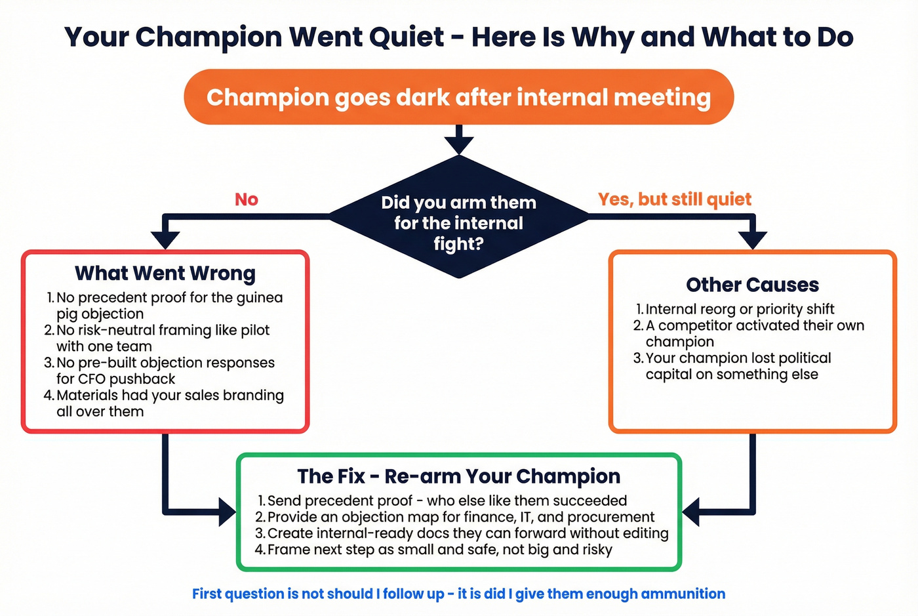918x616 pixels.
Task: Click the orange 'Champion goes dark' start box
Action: pyautogui.click(x=458, y=97)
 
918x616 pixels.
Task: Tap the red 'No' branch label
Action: pyautogui.click(x=247, y=199)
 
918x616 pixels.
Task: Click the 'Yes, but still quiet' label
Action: pyautogui.click(x=674, y=199)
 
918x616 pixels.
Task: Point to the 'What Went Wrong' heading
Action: pyautogui.click(x=165, y=273)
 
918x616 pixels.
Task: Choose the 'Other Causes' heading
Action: pyautogui.click(x=752, y=285)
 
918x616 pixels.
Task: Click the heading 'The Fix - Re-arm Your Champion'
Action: pyautogui.click(x=458, y=476)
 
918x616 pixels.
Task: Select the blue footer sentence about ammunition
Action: pyautogui.click(x=458, y=594)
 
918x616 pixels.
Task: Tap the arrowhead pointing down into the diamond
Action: pyautogui.click(x=459, y=145)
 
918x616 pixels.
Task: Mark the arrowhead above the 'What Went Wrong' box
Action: pyautogui.click(x=165, y=240)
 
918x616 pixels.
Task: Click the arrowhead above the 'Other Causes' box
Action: pyautogui.click(x=752, y=240)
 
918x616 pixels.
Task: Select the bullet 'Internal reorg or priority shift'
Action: pyautogui.click(x=740, y=309)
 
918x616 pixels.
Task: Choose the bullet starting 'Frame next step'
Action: pyautogui.click(x=439, y=550)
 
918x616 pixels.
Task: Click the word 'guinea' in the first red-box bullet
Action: pyautogui.click(x=260, y=298)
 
